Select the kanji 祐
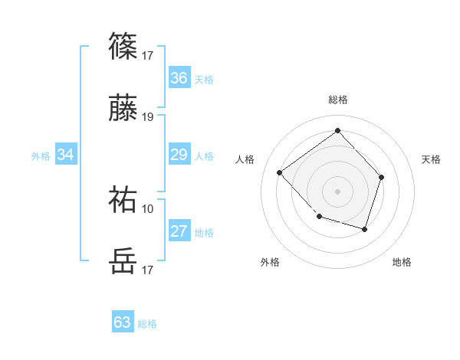click(123, 199)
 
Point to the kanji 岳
click(123, 261)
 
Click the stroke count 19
click(148, 117)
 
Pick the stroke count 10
click(148, 208)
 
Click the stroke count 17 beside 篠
click(148, 55)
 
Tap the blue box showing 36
click(179, 78)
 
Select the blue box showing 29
click(179, 155)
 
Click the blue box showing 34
click(66, 155)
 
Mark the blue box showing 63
click(123, 322)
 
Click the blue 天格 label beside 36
click(204, 79)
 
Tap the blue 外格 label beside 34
click(41, 156)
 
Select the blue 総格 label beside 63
click(147, 324)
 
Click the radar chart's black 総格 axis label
click(338, 100)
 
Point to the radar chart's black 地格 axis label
click(402, 262)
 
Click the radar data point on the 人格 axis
click(280, 173)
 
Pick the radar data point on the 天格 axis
click(383, 177)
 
